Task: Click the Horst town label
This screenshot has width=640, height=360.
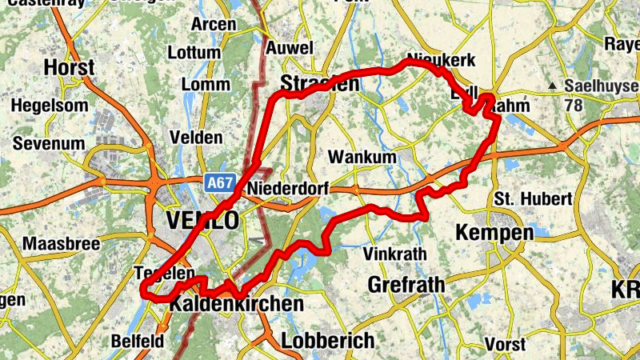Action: (x=70, y=67)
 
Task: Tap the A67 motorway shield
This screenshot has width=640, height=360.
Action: (x=218, y=183)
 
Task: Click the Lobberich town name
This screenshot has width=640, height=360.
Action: (x=327, y=341)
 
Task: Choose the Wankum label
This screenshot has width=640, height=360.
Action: (x=362, y=157)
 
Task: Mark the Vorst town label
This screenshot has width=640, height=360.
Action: (x=505, y=345)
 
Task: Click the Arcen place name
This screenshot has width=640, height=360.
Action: (x=214, y=25)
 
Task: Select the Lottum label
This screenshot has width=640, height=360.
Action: (x=194, y=53)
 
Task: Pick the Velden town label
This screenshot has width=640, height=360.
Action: (x=197, y=138)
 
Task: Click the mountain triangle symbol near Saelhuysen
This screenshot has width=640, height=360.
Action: (x=552, y=85)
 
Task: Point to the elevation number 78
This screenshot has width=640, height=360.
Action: (x=574, y=105)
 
